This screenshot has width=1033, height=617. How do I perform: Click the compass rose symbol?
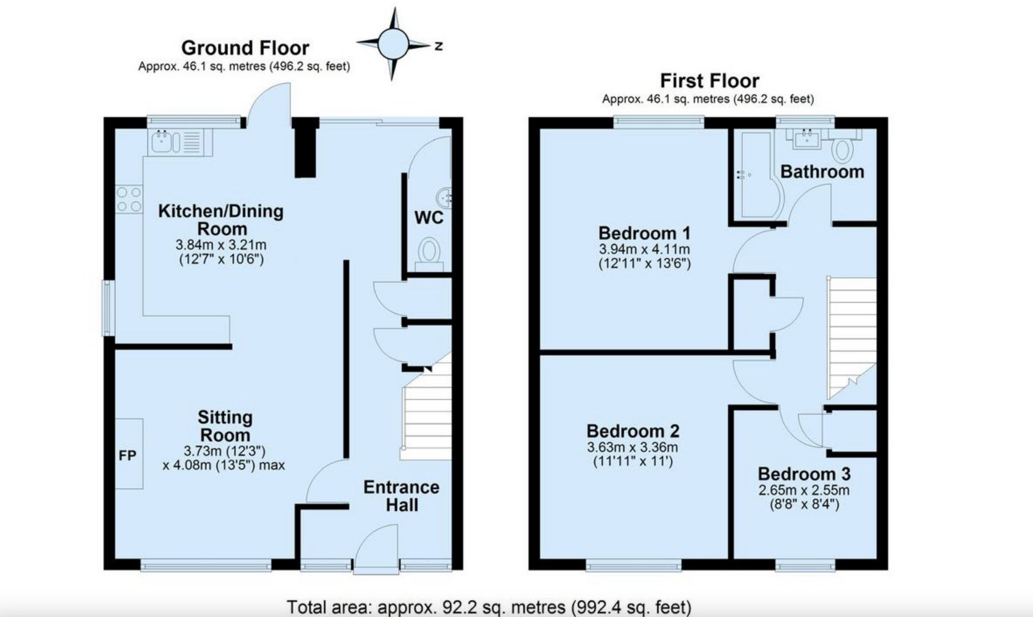click(x=393, y=43)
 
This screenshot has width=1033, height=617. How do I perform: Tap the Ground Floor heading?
click(x=245, y=47)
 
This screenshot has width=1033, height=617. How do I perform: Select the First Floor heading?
click(x=709, y=81)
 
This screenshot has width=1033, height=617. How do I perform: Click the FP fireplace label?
click(x=128, y=455)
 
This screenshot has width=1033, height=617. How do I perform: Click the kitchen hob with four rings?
click(x=129, y=199)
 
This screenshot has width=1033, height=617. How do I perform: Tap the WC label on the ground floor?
click(x=429, y=218)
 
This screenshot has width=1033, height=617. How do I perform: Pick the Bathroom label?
click(x=822, y=171)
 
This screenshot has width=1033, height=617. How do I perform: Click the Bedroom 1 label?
click(x=644, y=233)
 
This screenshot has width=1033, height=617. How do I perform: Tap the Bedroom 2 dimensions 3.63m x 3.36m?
click(x=632, y=447)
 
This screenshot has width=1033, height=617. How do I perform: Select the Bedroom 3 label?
click(x=804, y=474)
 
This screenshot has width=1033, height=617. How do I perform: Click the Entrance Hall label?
click(x=402, y=496)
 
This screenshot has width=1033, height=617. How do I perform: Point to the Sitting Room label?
click(x=225, y=426)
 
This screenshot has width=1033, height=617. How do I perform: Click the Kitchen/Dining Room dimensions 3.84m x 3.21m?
click(x=221, y=245)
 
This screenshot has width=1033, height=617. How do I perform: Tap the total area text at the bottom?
click(x=489, y=607)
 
